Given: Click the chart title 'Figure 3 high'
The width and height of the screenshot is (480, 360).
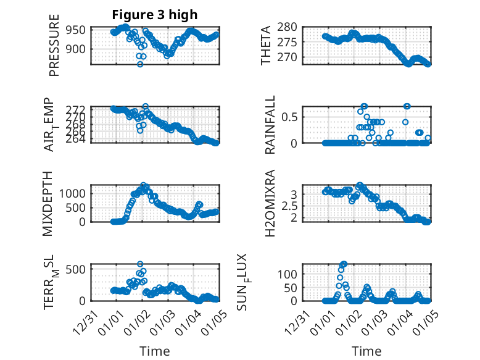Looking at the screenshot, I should pyautogui.click(x=155, y=15).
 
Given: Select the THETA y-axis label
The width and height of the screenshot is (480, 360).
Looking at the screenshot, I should pyautogui.click(x=266, y=46).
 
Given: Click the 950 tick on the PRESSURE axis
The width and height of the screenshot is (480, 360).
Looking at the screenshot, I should pyautogui.click(x=81, y=30).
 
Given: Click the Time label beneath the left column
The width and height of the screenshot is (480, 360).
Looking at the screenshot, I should pyautogui.click(x=155, y=351).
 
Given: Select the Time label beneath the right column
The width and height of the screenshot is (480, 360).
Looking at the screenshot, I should pyautogui.click(x=367, y=351).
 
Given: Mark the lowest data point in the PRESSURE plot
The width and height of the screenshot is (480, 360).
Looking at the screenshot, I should pyautogui.click(x=140, y=64).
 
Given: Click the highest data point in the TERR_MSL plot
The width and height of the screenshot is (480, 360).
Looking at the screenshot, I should pyautogui.click(x=140, y=264).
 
